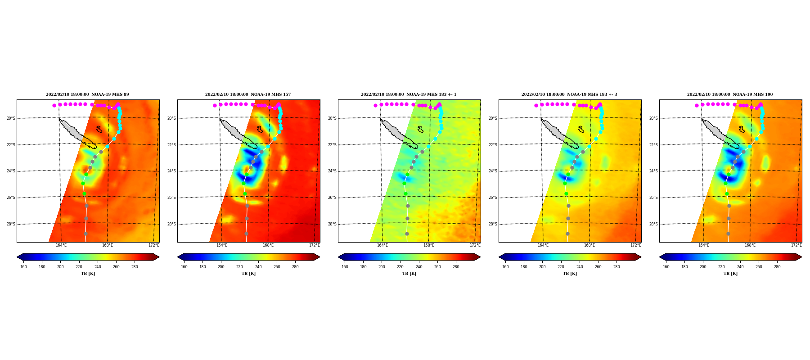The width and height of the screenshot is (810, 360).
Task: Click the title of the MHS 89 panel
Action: click(x=87, y=94)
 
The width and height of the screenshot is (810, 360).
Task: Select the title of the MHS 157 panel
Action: click(x=248, y=94)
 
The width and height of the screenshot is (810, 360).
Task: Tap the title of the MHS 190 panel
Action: click(x=730, y=94)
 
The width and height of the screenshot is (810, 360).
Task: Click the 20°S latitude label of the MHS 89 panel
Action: click(x=10, y=118)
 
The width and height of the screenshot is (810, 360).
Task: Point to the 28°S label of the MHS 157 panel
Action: click(x=171, y=224)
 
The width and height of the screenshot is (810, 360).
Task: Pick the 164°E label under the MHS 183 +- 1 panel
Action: click(x=382, y=245)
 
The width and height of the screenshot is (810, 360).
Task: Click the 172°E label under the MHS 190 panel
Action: click(x=796, y=245)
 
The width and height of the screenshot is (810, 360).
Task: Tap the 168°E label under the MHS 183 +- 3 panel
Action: click(x=589, y=245)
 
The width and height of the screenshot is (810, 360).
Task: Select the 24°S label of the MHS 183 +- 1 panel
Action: click(x=332, y=171)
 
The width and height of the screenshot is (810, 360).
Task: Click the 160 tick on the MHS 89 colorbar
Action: click(x=23, y=267)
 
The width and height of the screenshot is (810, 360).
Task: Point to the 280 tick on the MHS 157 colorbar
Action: click(x=295, y=267)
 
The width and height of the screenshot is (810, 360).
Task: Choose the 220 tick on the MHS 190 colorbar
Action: click(x=721, y=267)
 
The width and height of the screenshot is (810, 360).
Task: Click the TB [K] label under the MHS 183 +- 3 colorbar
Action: click(x=570, y=274)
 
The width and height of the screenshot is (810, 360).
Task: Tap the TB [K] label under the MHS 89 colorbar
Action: click(x=88, y=274)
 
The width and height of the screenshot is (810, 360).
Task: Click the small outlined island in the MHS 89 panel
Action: click(x=99, y=129)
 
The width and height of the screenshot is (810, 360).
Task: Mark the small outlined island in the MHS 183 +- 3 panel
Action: click(x=581, y=129)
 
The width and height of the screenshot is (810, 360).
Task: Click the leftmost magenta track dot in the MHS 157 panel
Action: click(x=215, y=105)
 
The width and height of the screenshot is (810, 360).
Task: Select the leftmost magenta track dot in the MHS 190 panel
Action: click(x=697, y=105)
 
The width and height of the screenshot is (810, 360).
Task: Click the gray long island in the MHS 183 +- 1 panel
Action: click(x=399, y=134)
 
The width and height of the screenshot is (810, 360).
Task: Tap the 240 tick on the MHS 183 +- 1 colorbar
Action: click(x=419, y=267)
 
